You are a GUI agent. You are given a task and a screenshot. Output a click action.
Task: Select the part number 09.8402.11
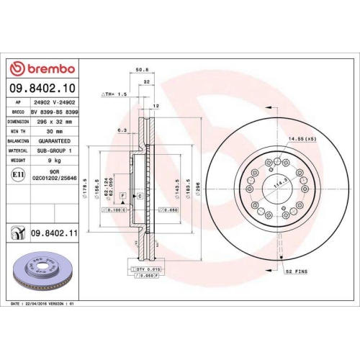[54, 233]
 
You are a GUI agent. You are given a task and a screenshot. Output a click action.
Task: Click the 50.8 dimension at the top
[141, 71]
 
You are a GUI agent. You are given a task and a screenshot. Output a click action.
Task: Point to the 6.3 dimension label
[122, 130]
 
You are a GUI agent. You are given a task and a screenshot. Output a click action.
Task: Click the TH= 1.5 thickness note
[114, 94]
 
